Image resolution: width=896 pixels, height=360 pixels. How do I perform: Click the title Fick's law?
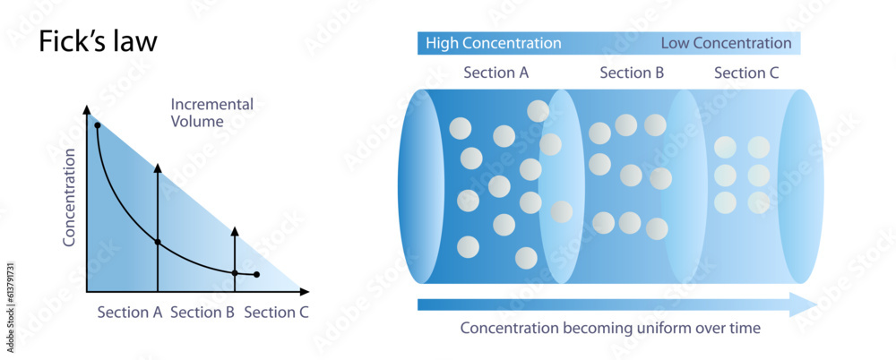coord(98,42)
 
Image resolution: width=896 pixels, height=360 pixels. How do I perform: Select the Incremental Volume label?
coord(211,113)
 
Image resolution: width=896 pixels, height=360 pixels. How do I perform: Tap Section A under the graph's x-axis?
coord(129,313)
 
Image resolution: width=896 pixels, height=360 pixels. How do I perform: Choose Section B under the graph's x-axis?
coord(202,313)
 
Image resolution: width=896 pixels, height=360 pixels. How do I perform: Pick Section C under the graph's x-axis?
coord(276,313)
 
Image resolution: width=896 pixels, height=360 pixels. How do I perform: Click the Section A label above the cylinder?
coord(495,73)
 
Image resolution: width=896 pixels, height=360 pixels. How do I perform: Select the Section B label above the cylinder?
coord(632,73)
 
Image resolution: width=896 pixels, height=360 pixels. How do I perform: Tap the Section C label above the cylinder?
coord(746,73)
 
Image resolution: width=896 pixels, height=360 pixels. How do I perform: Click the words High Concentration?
coord(493,43)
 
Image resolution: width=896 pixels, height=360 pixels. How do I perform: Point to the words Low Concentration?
coord(726,43)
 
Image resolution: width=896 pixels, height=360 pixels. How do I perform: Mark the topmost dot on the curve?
coord(97,125)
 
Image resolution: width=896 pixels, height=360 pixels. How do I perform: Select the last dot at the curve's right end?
coord(257,275)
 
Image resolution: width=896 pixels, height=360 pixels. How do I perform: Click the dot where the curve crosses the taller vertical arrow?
coord(158,242)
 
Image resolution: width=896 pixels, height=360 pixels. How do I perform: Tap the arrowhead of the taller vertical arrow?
coord(158,169)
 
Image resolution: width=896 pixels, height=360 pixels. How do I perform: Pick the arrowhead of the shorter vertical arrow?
coord(235,232)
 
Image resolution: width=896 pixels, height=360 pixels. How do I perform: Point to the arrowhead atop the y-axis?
coord(87,110)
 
